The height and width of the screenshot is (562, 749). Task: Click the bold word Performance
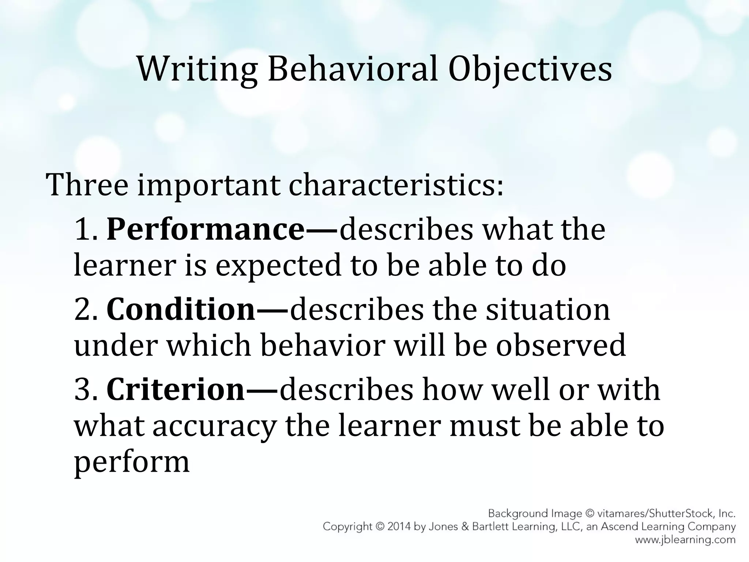tap(205, 230)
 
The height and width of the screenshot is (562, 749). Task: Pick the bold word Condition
tap(181, 310)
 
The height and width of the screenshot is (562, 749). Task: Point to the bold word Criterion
tap(175, 390)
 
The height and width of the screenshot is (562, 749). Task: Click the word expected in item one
tap(278, 266)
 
